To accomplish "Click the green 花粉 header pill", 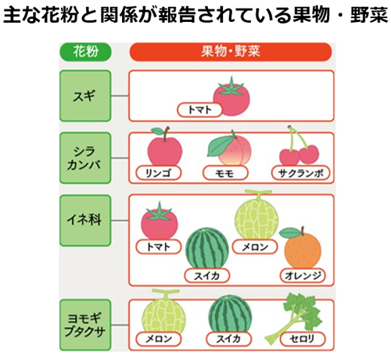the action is [x=85, y=52].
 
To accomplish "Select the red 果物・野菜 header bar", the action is [x=231, y=52].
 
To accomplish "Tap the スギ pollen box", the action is [x=85, y=95].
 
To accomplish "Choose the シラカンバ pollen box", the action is [x=85, y=158].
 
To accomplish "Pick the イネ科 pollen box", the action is [x=85, y=221].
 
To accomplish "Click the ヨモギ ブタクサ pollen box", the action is [x=85, y=325].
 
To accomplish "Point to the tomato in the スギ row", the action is [x=231, y=96].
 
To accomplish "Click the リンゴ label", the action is [x=159, y=173].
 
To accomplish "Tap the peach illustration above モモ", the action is [x=229, y=148].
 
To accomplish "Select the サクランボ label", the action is [x=300, y=173].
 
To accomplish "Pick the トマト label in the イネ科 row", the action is [x=159, y=247].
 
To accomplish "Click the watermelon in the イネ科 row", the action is [x=207, y=248].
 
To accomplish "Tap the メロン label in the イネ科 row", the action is [x=255, y=247].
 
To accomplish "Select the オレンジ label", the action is [x=303, y=275].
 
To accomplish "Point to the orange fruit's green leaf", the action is [x=289, y=232].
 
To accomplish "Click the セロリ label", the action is [x=303, y=339].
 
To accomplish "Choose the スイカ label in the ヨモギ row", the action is [x=228, y=339].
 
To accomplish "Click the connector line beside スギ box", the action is [x=120, y=95].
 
